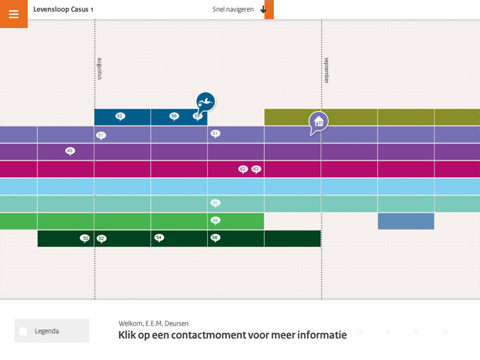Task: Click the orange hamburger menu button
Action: tap(13, 13)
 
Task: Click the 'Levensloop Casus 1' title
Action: tap(63, 9)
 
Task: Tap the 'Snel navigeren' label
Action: tap(233, 9)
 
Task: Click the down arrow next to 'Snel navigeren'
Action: tap(264, 9)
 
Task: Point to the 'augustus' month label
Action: tap(99, 68)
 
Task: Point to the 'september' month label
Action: tap(326, 70)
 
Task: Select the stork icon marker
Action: tap(205, 103)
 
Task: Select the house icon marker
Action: tap(318, 122)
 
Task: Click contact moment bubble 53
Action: tap(120, 116)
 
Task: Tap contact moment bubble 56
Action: tap(174, 116)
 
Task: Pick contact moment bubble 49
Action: tap(70, 150)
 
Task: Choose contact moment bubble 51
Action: tap(101, 135)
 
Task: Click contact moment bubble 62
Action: tap(243, 169)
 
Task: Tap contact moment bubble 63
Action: tap(256, 169)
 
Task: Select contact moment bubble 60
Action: tap(215, 202)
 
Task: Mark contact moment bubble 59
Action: tap(215, 220)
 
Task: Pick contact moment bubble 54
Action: tap(159, 238)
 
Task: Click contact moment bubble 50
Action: tap(85, 238)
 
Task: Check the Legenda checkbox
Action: tap(23, 331)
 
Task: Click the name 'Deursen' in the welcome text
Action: tap(176, 323)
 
